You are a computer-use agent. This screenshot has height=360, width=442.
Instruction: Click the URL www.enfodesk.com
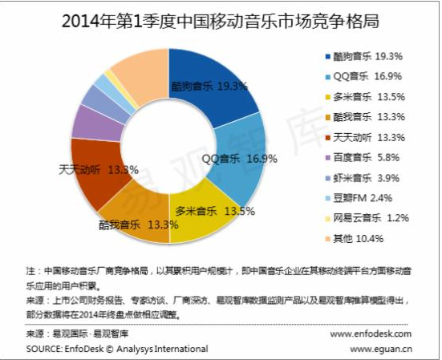click(x=371, y=334)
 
